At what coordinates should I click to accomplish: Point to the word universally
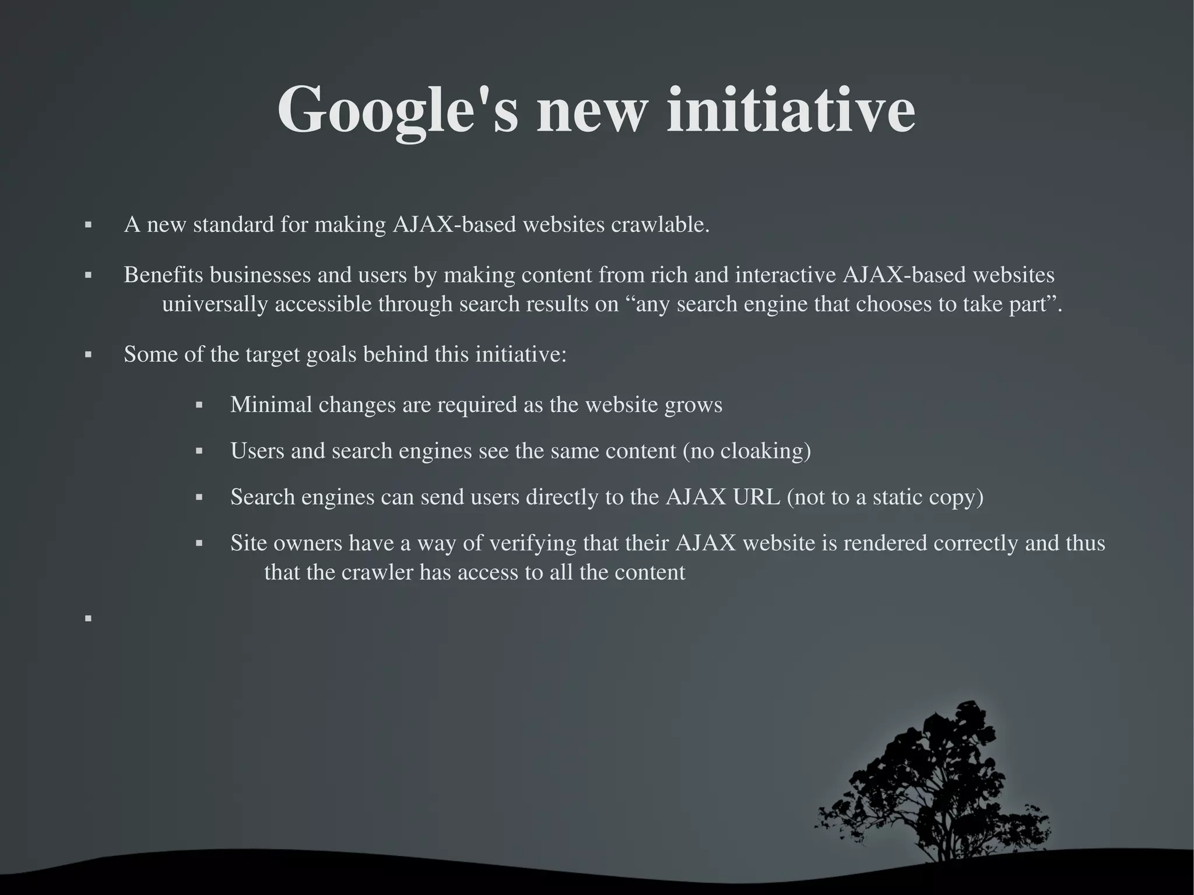tap(215, 304)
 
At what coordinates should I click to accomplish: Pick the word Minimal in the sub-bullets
tap(271, 405)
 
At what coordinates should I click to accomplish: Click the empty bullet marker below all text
tap(89, 619)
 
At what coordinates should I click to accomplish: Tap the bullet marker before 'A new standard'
tap(89, 225)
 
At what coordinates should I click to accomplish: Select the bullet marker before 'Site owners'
tap(199, 544)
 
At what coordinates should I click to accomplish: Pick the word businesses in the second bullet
tap(260, 275)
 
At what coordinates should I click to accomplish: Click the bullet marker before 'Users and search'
tap(199, 451)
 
